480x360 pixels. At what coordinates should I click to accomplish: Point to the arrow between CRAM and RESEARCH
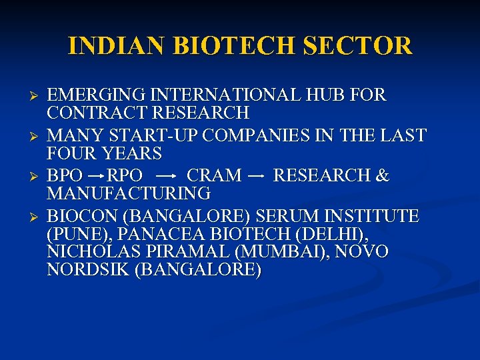pyautogui.click(x=257, y=176)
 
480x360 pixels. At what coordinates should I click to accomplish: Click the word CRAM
pyautogui.click(x=214, y=176)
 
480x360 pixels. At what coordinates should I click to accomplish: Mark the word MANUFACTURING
pyautogui.click(x=129, y=194)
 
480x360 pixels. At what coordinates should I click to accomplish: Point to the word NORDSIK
pyautogui.click(x=89, y=271)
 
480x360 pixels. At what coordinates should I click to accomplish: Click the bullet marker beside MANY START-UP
pyautogui.click(x=37, y=136)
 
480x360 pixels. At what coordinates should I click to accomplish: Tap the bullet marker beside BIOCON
pyautogui.click(x=37, y=217)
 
